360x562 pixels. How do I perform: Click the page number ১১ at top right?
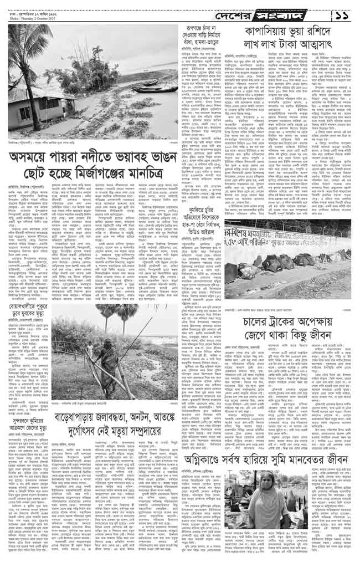click(347, 12)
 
